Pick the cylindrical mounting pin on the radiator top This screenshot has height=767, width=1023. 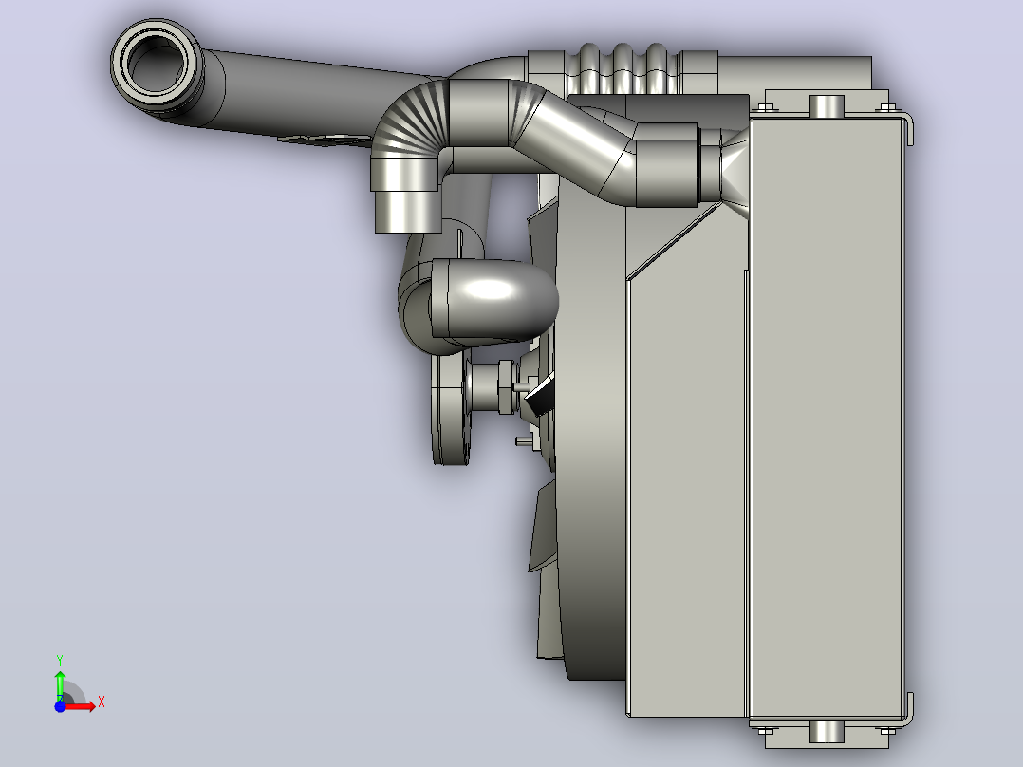pos(827,105)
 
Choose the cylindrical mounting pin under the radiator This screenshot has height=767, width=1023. pos(827,732)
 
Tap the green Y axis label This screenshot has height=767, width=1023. pos(60,661)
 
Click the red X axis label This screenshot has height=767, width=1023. pos(102,702)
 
